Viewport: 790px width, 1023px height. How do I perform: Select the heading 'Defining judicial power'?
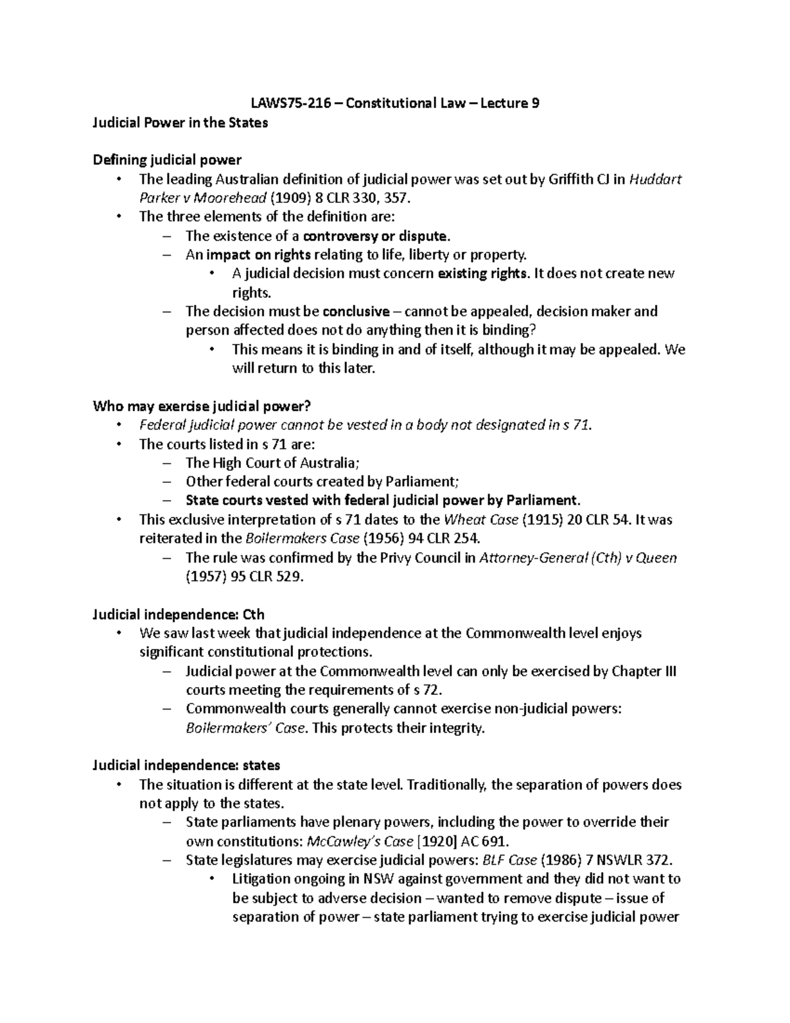(167, 160)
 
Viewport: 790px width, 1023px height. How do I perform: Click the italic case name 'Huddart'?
(656, 179)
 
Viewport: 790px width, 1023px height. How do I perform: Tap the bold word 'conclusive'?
(356, 311)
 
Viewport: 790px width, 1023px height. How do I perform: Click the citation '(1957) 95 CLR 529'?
(244, 576)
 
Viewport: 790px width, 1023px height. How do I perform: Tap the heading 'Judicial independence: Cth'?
(178, 615)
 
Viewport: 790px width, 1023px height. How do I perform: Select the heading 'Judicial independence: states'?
(186, 765)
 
